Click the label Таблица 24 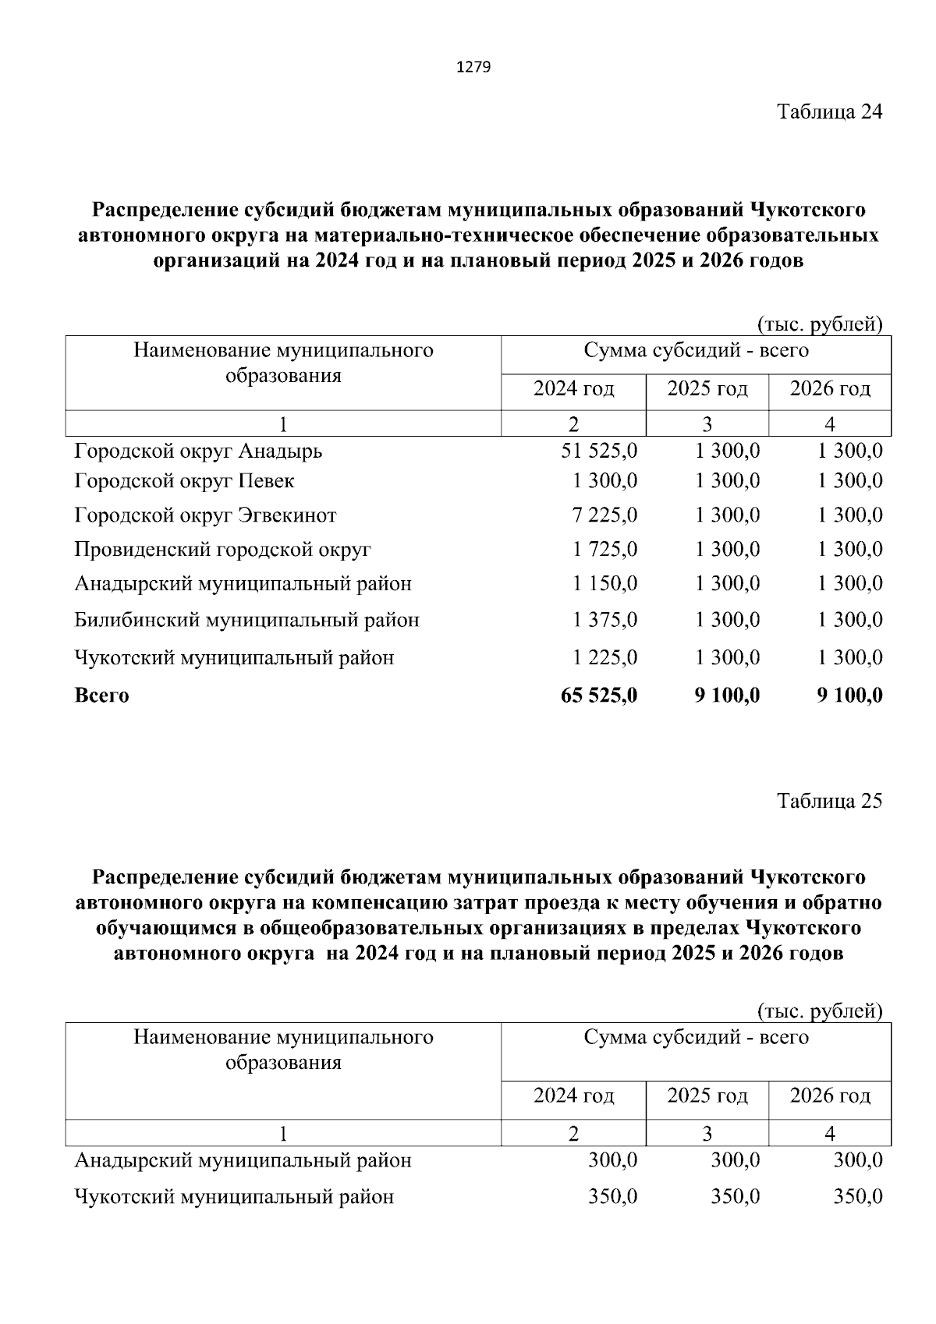tap(829, 112)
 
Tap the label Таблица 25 tap(829, 801)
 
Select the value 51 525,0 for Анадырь tap(599, 451)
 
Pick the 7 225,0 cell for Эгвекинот tap(604, 515)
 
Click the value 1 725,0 tap(604, 550)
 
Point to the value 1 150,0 tap(604, 584)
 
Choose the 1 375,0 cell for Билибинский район tap(604, 621)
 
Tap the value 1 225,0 tap(604, 658)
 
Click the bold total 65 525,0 tap(599, 696)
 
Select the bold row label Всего tap(101, 696)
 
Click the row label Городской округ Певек tap(184, 481)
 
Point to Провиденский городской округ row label tap(222, 550)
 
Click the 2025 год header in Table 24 tap(707, 388)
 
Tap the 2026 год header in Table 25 tap(830, 1096)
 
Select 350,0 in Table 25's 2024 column tap(612, 1196)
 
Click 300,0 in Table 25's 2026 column tap(858, 1160)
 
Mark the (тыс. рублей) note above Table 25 tap(820, 1011)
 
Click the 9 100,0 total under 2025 tap(727, 696)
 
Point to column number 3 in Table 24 tap(707, 424)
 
